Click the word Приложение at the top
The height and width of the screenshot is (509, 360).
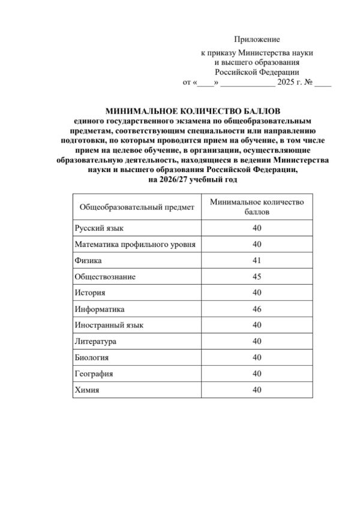(x=257, y=40)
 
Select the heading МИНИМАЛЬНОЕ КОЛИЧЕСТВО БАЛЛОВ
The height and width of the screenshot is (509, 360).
(x=193, y=111)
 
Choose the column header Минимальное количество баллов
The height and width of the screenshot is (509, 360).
(x=257, y=207)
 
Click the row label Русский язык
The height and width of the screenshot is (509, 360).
(x=99, y=228)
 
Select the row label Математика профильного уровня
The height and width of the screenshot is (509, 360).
(x=136, y=245)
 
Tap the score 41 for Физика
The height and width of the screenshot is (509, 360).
(x=257, y=261)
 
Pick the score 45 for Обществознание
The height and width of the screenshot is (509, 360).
(x=257, y=277)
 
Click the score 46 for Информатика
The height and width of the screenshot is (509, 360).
(x=257, y=309)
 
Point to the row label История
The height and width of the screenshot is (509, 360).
(x=90, y=293)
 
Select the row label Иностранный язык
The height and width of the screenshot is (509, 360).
(x=109, y=326)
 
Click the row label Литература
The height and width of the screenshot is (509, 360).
(x=96, y=342)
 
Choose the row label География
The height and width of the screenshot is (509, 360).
(x=94, y=374)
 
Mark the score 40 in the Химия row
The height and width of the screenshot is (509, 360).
(x=257, y=390)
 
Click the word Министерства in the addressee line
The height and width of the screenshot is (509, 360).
(x=281, y=53)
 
